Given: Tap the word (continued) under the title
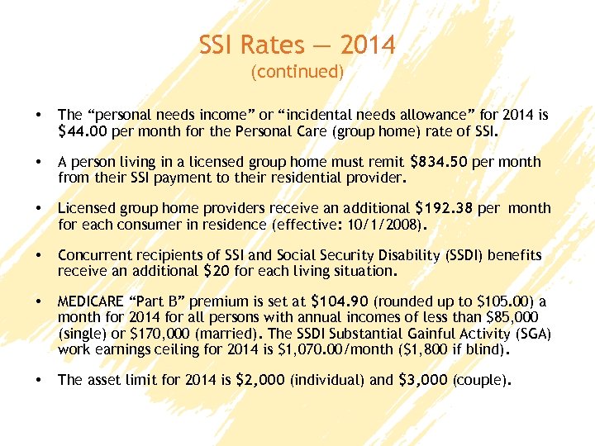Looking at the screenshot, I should [x=297, y=72].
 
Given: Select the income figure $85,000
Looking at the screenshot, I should [x=512, y=318].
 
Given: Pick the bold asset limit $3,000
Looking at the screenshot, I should [x=415, y=381].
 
